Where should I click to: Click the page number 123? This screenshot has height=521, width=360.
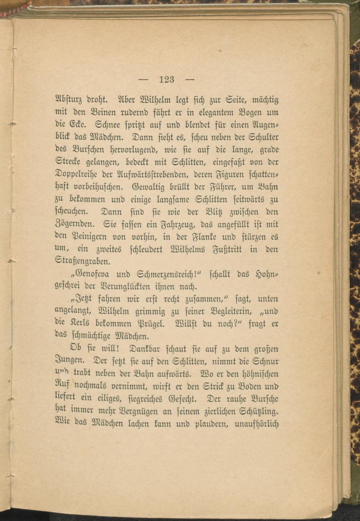coord(166,79)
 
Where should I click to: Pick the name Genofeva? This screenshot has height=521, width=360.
coord(87,275)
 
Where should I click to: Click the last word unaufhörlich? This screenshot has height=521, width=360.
coord(257,424)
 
